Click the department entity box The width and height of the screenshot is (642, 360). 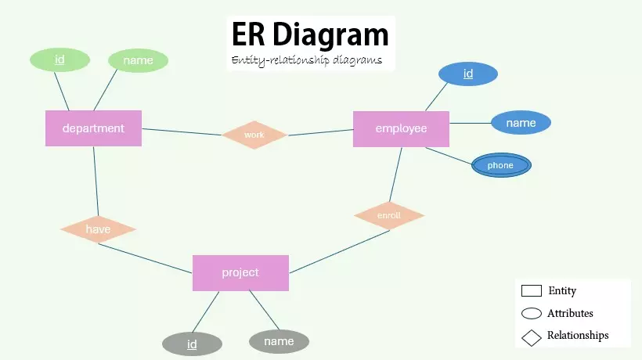93,128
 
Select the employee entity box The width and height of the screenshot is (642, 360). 401,128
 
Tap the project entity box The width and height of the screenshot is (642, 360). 240,272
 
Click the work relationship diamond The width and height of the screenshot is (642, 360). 254,135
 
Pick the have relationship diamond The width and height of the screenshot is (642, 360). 98,229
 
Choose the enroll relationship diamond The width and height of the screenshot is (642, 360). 389,214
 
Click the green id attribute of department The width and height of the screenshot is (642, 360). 60,59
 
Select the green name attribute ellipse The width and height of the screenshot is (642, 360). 138,60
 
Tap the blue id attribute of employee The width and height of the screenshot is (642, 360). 468,74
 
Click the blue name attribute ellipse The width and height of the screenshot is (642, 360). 521,123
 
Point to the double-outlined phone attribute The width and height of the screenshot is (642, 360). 500,165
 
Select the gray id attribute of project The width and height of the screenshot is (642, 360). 192,344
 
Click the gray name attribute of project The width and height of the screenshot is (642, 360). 279,341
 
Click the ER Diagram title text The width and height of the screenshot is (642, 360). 310,35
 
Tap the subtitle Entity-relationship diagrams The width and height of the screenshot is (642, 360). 306,60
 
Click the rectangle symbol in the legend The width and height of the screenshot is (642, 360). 532,291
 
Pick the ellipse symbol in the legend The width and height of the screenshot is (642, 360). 532,314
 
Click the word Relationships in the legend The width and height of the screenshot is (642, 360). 578,336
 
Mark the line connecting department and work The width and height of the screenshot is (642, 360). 182,131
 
